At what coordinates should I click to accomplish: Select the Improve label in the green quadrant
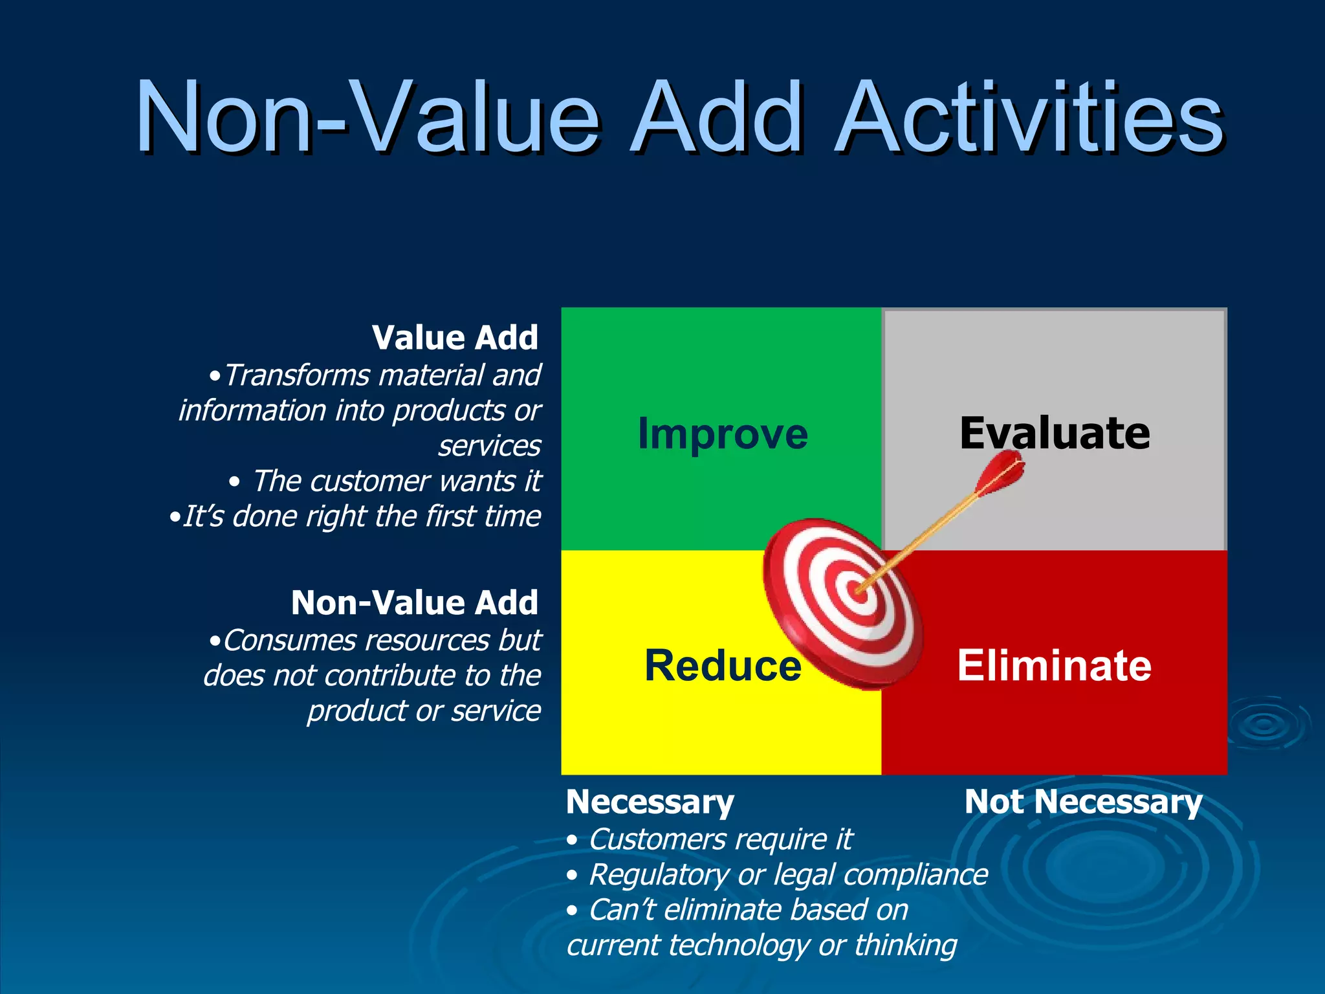coord(723,434)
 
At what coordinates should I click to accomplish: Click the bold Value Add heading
coord(455,337)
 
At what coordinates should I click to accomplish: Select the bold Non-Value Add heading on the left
coord(414,602)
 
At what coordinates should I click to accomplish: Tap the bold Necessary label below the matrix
coord(650,802)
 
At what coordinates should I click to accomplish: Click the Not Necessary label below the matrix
coord(1083,802)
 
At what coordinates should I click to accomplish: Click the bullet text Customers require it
coord(720,839)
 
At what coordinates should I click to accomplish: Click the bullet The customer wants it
coord(396,481)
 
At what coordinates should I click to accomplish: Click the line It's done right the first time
coord(361,516)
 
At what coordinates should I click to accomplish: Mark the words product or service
coord(424,711)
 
